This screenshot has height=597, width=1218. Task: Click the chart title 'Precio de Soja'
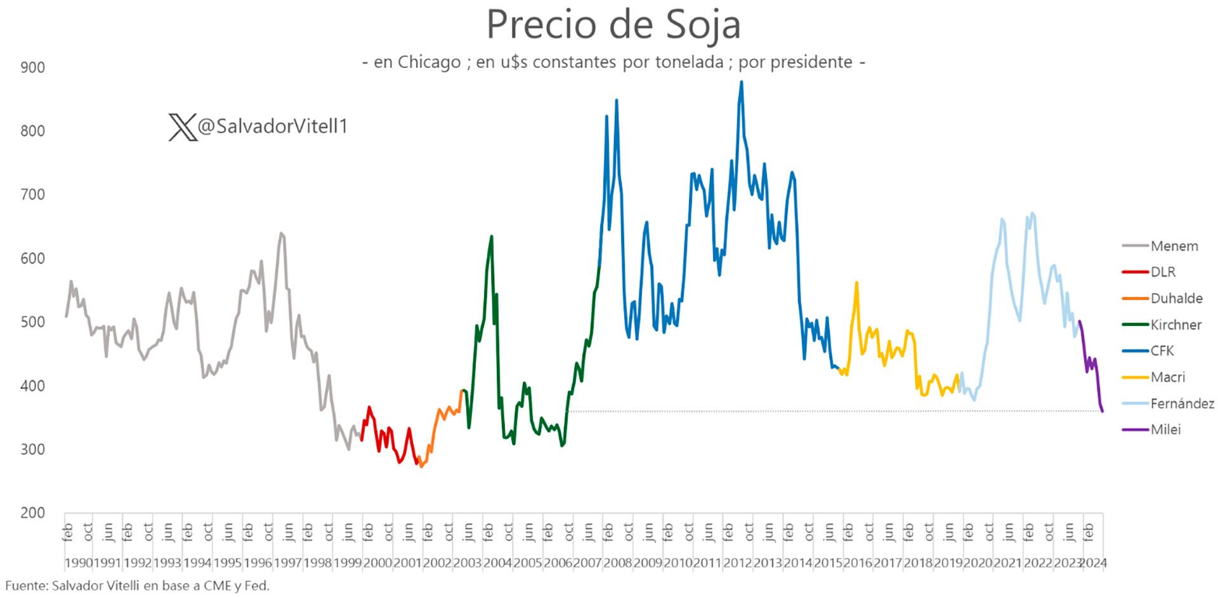613,25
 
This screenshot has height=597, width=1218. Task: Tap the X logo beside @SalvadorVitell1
182,128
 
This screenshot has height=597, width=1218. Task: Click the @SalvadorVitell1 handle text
273,127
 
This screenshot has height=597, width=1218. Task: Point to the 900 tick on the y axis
32,67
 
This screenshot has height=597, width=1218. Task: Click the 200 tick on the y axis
32,513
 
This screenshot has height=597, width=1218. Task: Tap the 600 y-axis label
32,258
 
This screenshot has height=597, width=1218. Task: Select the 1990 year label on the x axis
79,563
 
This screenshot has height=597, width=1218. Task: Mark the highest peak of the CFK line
742,82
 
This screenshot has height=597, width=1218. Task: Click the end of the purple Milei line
1103,412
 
